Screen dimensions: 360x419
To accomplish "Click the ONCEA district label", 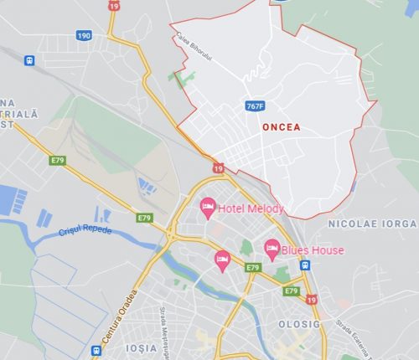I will coord(281,128).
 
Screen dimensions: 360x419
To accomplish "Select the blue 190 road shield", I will coord(85,35).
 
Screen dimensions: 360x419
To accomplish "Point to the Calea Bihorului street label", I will coord(194,41).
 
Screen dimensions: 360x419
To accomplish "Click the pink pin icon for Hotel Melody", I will coord(207,205).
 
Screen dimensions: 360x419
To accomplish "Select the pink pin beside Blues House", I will coord(272,247).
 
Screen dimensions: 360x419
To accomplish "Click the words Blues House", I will coord(313,250).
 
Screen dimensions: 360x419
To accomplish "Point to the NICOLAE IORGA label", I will coord(371,224).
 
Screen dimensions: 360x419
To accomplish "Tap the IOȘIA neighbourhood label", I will coord(142,347).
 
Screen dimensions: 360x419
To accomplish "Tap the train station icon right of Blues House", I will coord(305,265).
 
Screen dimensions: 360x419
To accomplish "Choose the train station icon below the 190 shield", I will coord(30,60).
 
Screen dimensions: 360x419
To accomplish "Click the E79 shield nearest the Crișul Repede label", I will coord(145,218).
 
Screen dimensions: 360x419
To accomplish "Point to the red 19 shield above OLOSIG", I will coord(312,300).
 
